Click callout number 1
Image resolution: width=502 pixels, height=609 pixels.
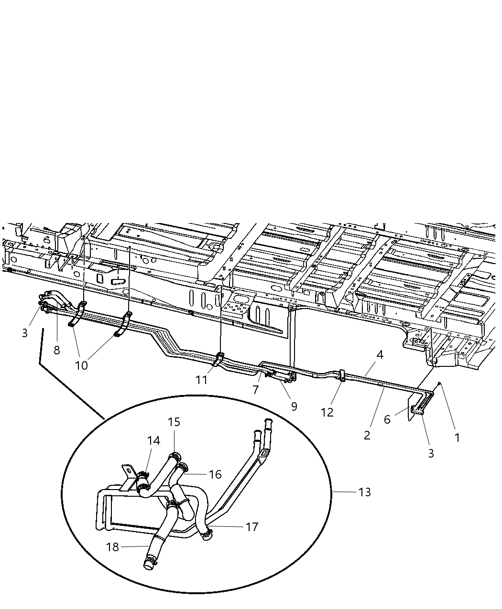pos(457,437)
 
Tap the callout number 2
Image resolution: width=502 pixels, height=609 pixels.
pos(367,435)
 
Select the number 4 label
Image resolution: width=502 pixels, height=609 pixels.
pos(380,355)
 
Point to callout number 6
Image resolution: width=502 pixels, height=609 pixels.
pos(387,419)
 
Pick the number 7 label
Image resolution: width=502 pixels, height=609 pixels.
pos(256,390)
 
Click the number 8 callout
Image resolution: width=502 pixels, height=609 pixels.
pos(57,350)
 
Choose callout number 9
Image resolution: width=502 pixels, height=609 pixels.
pos(294,406)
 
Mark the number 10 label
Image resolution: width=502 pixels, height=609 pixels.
pos(81,365)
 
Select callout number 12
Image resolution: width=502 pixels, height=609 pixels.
pos(327,412)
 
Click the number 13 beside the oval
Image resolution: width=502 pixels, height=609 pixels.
pos(364,491)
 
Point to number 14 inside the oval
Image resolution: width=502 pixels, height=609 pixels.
pos(153,440)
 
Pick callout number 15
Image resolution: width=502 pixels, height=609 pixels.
pos(174,422)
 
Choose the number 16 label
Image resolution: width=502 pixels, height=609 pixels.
pos(215,474)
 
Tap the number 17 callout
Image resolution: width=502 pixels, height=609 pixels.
pos(251,527)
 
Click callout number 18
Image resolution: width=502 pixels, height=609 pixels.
pos(112,547)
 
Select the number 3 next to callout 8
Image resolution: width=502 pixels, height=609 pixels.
pos(25,333)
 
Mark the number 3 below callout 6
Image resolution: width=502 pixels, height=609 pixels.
pos(431,453)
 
